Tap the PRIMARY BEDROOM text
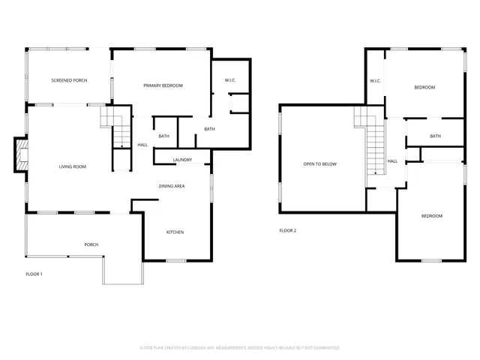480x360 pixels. [x=163, y=85]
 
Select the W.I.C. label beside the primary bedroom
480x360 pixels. [x=231, y=80]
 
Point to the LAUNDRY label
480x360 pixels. [x=182, y=160]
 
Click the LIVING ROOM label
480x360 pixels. [x=73, y=166]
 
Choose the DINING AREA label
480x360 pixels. [x=172, y=186]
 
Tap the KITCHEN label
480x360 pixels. [x=175, y=232]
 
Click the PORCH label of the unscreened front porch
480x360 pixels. [x=91, y=244]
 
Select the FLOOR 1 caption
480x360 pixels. [x=34, y=274]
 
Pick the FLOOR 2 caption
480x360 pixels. [x=288, y=230]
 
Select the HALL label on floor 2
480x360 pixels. [x=392, y=160]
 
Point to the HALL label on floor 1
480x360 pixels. [x=142, y=145]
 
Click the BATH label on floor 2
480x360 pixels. [x=435, y=136]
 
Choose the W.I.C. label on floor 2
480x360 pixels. [x=375, y=81]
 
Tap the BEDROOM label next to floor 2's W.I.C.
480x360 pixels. [x=424, y=88]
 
